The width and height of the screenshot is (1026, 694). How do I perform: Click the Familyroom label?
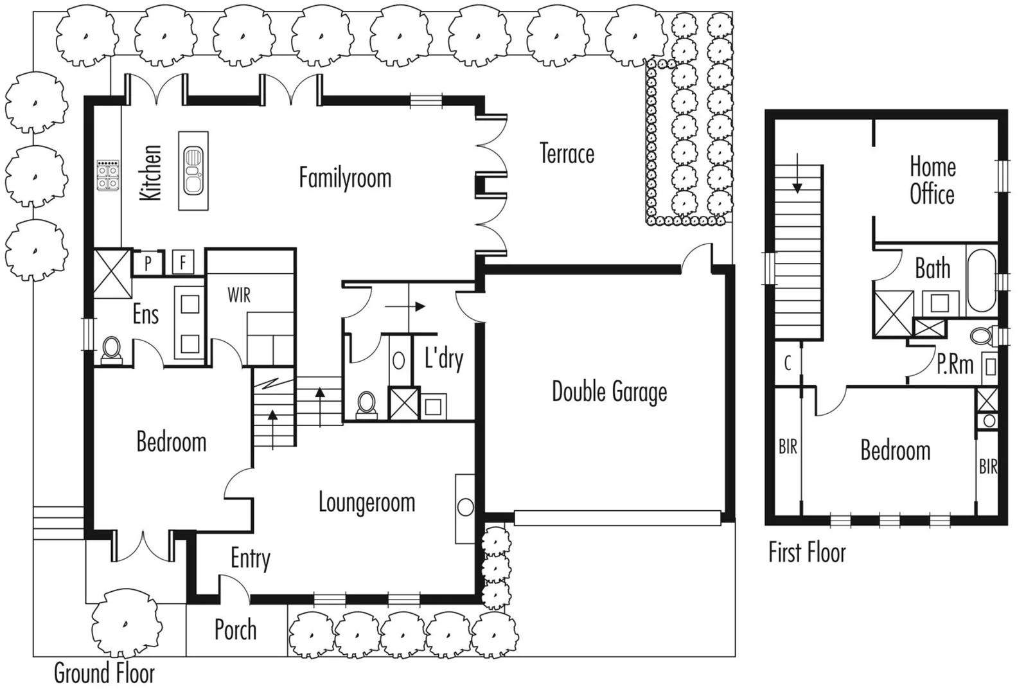coord(345,178)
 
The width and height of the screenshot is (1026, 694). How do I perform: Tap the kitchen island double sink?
coord(193,171)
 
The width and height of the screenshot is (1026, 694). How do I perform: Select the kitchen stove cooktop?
coord(108,175)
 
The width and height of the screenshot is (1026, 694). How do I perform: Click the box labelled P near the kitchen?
coord(148,263)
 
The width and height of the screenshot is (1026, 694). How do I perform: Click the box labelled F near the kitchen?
coord(183,262)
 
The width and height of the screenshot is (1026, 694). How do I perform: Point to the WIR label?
coord(239,296)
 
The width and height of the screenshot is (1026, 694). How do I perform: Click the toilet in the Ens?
coord(112,350)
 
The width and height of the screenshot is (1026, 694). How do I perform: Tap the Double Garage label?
coord(609,392)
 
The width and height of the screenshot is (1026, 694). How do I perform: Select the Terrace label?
coord(567,154)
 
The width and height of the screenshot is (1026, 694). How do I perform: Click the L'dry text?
coord(444,359)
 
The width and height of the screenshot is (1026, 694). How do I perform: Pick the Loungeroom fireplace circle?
coord(465,507)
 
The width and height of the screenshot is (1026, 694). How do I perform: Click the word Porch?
coord(235,630)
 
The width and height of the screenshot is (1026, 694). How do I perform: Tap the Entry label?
coord(251,558)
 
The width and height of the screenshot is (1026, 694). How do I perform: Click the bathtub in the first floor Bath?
coord(981,280)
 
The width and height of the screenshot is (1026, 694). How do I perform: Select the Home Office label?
coord(932,181)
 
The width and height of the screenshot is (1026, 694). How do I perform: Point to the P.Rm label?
coord(955,364)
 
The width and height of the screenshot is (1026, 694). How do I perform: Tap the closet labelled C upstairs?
coord(788,364)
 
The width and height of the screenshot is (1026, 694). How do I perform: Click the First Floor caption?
coord(807,553)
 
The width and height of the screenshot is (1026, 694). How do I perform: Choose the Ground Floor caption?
coord(104,673)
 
